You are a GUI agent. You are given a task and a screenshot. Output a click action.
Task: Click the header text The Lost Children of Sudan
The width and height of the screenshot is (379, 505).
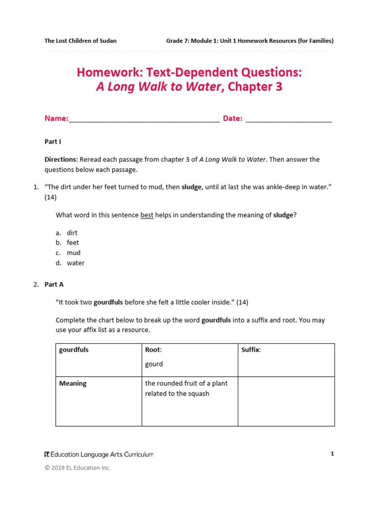coord(80,41)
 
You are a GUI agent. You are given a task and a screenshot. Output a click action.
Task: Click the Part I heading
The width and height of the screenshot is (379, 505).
coord(53,142)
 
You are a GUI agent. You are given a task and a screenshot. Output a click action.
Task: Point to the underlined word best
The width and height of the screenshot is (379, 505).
coord(147,215)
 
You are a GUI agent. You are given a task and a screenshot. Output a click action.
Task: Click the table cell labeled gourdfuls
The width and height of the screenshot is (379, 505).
coord(74,350)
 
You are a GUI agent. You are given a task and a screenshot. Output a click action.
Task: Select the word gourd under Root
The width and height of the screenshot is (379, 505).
coord(154,364)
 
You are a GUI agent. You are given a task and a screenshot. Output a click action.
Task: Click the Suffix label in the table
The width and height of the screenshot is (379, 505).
coord(251,350)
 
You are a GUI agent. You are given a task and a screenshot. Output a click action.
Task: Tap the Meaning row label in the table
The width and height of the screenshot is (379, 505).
coord(73,383)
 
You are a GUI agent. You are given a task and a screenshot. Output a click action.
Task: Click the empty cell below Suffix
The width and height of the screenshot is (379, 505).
coord(286,401)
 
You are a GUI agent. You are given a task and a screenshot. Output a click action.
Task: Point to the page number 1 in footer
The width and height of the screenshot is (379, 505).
coord(333,454)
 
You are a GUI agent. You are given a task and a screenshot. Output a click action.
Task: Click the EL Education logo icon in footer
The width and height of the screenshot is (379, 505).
coord(47,454)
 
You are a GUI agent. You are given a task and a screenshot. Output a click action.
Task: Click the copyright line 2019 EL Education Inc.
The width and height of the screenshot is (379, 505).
coord(77,468)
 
